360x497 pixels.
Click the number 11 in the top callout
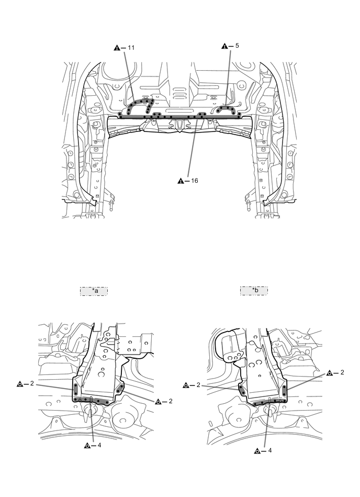tap(131, 48)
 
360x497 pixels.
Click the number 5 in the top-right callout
tap(237, 46)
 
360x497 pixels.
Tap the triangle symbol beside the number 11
tap(117, 48)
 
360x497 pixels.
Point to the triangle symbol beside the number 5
tap(225, 46)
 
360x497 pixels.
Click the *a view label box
tap(94, 291)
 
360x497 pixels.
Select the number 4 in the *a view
tap(98, 446)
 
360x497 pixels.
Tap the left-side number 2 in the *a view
tap(32, 384)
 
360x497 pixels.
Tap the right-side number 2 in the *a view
tap(171, 401)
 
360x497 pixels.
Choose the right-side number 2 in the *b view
tap(342, 373)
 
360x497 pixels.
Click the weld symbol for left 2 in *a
tap(20, 384)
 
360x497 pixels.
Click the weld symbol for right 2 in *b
tap(330, 373)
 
